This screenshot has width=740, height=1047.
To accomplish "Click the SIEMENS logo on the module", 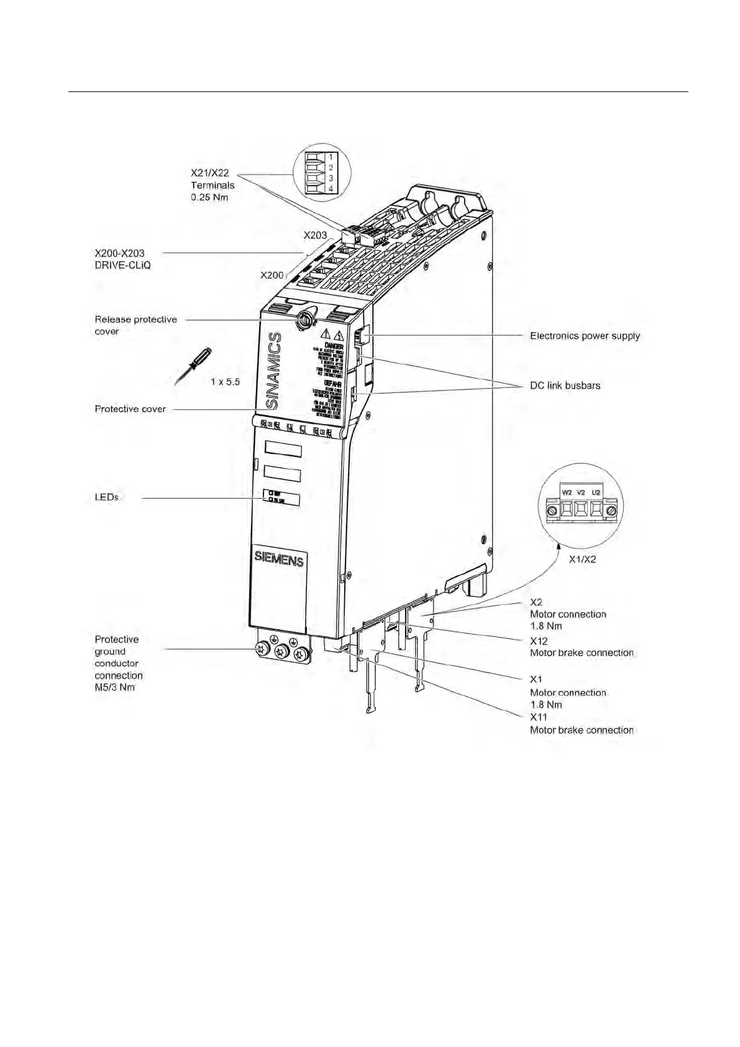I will tap(279, 559).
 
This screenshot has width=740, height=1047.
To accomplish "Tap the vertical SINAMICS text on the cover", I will tap(273, 371).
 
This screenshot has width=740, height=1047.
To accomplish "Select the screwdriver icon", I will tap(193, 366).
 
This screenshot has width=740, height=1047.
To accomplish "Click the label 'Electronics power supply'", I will tap(584, 336).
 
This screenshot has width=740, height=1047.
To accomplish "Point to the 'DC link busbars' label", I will tap(565, 385).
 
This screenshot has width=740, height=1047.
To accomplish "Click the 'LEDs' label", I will tap(106, 497).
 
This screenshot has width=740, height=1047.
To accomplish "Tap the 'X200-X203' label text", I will tap(119, 253).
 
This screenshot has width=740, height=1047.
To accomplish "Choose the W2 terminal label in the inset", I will tap(567, 492).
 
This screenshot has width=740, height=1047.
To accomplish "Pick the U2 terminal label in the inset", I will tap(596, 492).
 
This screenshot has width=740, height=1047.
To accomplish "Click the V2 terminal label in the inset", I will tap(581, 492).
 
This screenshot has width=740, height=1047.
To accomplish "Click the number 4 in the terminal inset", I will tap(331, 188).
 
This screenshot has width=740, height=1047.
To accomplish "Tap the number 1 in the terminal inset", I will tap(331, 157).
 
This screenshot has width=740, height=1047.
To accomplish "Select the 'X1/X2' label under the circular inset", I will tap(582, 559).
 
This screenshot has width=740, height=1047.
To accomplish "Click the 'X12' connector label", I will tap(539, 640).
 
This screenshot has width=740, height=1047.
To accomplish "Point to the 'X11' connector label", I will tap(538, 717).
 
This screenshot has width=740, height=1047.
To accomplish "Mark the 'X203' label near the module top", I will tap(315, 235).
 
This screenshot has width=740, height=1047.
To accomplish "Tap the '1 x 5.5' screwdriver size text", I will tap(225, 382).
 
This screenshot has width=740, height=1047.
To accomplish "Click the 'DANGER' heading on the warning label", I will tap(334, 346).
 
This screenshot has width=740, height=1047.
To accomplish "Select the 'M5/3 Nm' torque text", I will tap(114, 687).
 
